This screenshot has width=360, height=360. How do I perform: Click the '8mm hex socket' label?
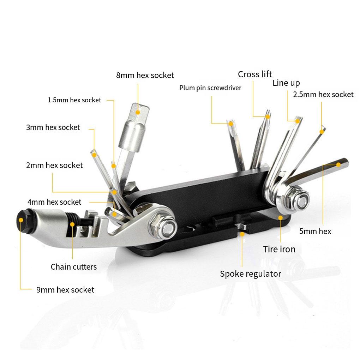[145, 75]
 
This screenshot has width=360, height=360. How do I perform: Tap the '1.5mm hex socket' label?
[74, 100]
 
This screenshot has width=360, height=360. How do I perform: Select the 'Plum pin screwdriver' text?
[210, 88]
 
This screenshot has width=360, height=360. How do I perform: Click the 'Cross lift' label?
[255, 74]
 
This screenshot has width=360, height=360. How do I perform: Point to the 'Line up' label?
[286, 83]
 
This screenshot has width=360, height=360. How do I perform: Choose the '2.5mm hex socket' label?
[323, 94]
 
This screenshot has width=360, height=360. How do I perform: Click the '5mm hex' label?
[315, 232]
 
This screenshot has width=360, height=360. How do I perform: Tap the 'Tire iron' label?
[279, 249]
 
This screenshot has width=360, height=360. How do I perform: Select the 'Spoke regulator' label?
[251, 274]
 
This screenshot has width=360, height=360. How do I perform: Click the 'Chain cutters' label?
[73, 267]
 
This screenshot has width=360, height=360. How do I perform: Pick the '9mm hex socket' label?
[65, 290]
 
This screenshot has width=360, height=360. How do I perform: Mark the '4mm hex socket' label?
[54, 202]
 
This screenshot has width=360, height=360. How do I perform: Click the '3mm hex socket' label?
[53, 127]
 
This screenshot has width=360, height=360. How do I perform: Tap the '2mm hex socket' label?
[54, 165]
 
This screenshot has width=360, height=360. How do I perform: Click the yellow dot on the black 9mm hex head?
[21, 220]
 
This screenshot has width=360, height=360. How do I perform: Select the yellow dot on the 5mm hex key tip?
[338, 164]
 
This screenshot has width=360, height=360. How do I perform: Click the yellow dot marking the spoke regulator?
[242, 233]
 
